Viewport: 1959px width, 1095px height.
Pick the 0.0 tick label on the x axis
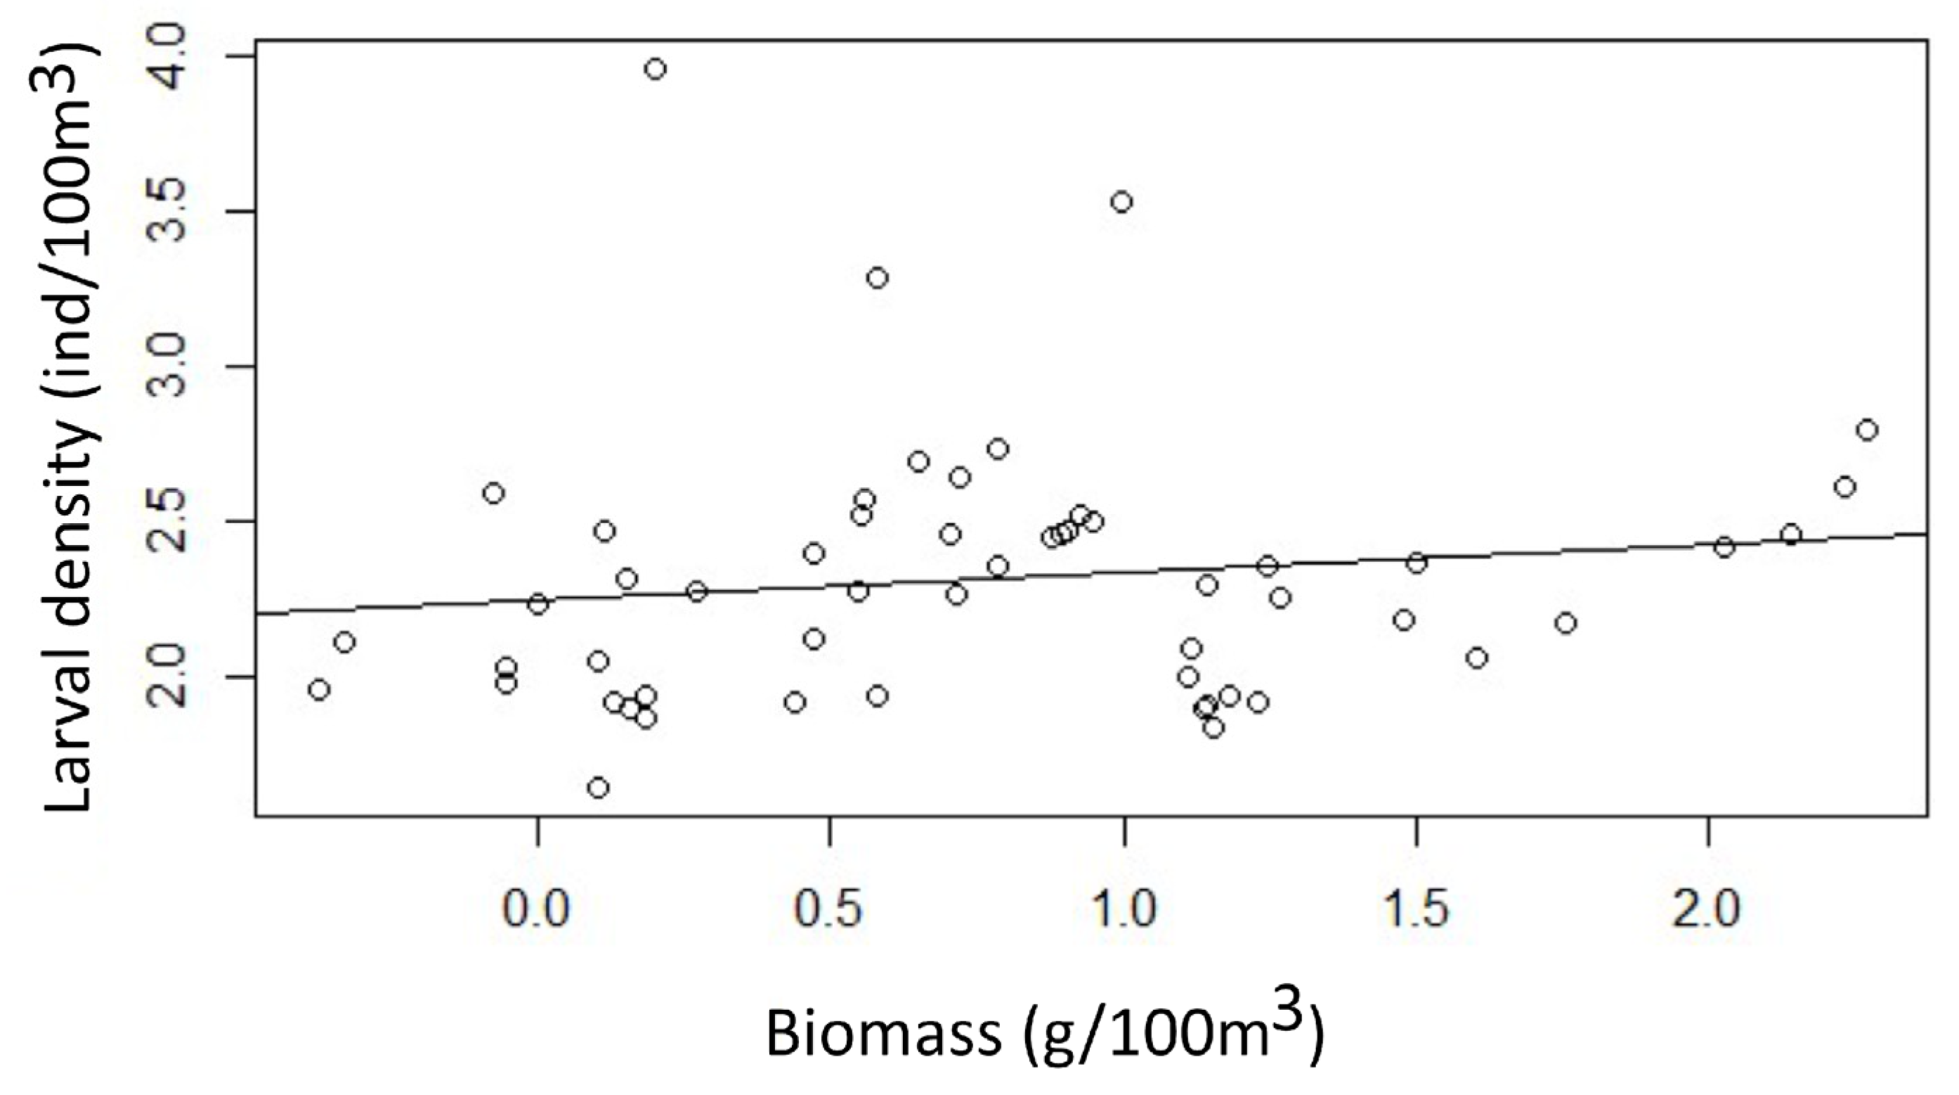pyautogui.click(x=537, y=909)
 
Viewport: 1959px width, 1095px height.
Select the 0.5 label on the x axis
pyautogui.click(x=829, y=909)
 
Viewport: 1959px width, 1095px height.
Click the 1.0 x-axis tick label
pyautogui.click(x=1122, y=909)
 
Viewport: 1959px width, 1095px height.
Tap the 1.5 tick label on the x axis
pyautogui.click(x=1415, y=909)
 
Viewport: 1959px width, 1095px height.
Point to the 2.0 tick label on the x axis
pyautogui.click(x=1708, y=909)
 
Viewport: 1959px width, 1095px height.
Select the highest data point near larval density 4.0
pyautogui.click(x=656, y=69)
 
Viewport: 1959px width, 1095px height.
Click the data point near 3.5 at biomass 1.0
pyautogui.click(x=1121, y=202)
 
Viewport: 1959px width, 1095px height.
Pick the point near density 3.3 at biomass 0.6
pyautogui.click(x=878, y=278)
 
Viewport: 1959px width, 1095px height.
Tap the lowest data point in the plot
pyautogui.click(x=599, y=788)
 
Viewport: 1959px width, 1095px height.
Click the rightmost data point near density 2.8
pyautogui.click(x=1867, y=430)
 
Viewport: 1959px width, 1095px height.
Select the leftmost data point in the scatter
pyautogui.click(x=320, y=689)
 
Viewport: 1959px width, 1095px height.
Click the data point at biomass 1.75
pyautogui.click(x=1565, y=623)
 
